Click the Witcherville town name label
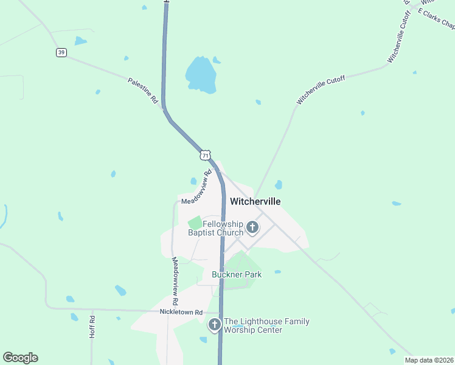coord(255,201)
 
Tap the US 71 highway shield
coord(206,155)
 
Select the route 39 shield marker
coord(61,52)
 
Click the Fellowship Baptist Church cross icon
coord(252,228)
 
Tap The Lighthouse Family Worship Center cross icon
coord(214,325)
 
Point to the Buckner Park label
coord(237,274)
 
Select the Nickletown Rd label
coord(181,312)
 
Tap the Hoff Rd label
coord(92,327)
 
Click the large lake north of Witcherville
coord(201,74)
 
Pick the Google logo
coord(20,358)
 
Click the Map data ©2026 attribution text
coord(429,360)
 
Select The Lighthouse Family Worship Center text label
coord(266,325)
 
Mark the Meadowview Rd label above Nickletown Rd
coord(175,280)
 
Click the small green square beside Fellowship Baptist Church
coord(195,224)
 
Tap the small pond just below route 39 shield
coord(80,41)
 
